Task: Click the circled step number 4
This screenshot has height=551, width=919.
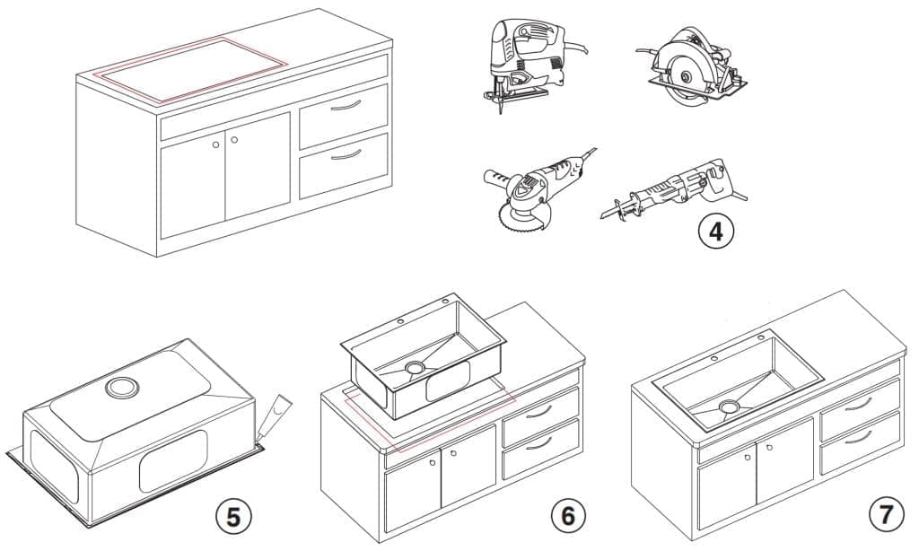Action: pyautogui.click(x=716, y=231)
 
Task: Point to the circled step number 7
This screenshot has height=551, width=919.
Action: pyautogui.click(x=886, y=515)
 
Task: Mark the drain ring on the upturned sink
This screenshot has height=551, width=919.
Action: pyautogui.click(x=119, y=388)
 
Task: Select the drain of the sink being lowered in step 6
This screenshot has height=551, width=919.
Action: pyautogui.click(x=415, y=367)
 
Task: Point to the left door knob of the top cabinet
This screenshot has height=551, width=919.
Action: pyautogui.click(x=215, y=144)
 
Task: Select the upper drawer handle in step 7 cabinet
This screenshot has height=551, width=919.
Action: pyautogui.click(x=859, y=403)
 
